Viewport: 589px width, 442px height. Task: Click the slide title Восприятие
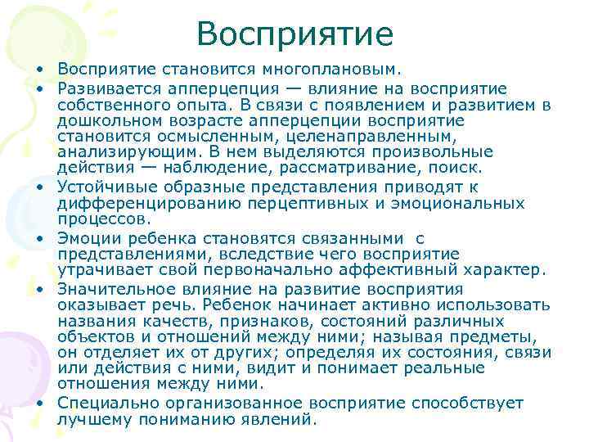(x=294, y=34)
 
